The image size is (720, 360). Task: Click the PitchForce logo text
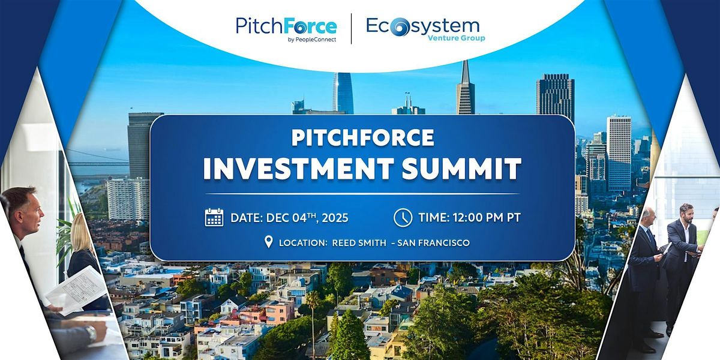(286, 26)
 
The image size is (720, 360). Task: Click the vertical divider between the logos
(351, 29)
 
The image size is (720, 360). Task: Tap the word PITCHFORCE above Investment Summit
(362, 137)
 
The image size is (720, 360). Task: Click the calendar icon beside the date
(214, 217)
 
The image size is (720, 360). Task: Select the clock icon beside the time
(403, 217)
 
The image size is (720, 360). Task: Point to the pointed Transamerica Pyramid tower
(465, 90)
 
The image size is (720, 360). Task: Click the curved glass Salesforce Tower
(343, 93)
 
